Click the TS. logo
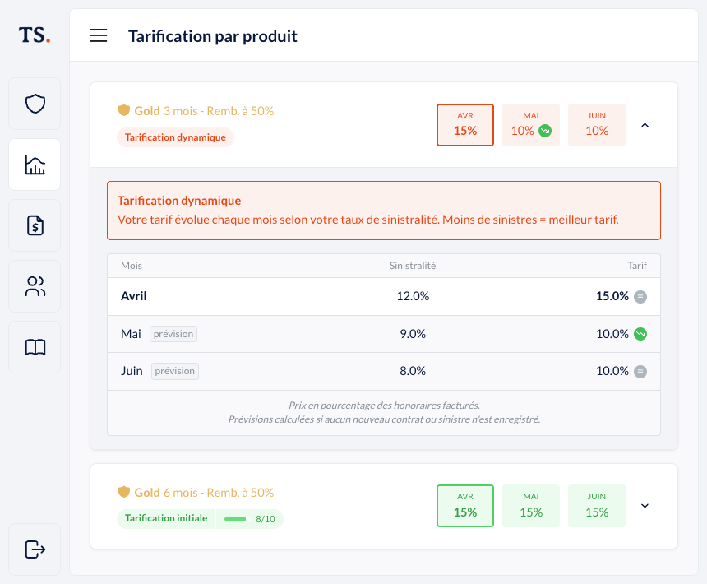click(35, 35)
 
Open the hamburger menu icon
click(99, 35)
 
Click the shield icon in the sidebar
click(35, 104)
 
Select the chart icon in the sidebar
click(35, 165)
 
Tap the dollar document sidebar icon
click(35, 225)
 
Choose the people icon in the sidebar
click(35, 286)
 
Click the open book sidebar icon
click(35, 347)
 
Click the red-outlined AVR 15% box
click(465, 125)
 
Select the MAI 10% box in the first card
click(531, 125)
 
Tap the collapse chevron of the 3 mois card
click(645, 125)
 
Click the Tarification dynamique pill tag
click(175, 137)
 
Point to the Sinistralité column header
click(413, 266)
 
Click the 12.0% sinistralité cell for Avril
click(413, 296)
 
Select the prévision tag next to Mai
click(173, 334)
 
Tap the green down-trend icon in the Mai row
click(640, 334)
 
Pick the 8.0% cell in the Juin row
click(413, 371)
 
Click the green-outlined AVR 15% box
click(465, 506)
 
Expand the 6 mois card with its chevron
click(645, 506)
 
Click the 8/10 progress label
click(265, 519)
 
